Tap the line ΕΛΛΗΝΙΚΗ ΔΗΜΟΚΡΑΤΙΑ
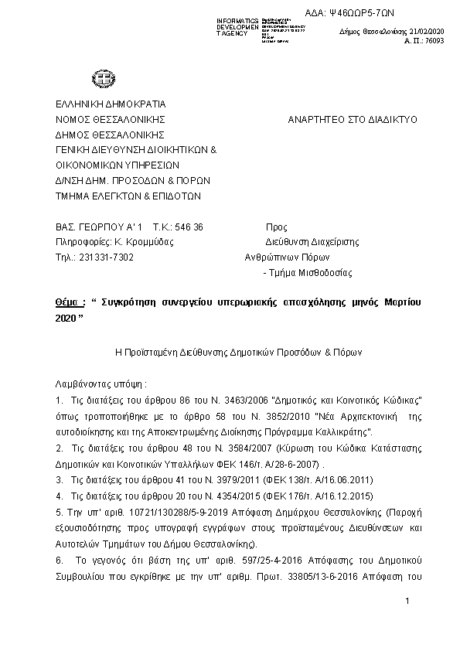pos(110,104)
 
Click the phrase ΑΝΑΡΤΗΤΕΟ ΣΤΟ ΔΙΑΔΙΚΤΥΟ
pos(352,120)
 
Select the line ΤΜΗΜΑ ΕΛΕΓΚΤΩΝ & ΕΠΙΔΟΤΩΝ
pos(128,196)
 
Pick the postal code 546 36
pos(189,227)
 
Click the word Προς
pos(276,227)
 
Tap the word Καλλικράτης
pos(346,431)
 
